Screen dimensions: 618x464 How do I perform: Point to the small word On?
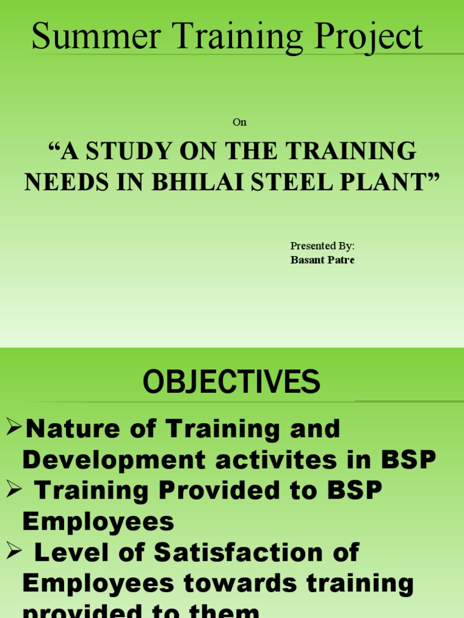[x=239, y=123]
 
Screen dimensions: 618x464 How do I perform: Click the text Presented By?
[x=322, y=246]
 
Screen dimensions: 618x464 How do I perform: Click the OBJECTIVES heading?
[x=231, y=382]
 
